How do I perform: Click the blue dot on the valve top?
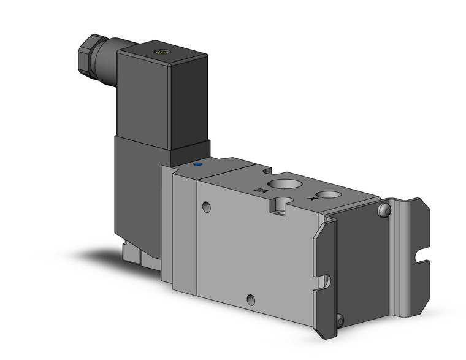click(x=197, y=165)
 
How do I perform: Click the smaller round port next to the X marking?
click(x=330, y=195)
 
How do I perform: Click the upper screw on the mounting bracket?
click(x=384, y=211)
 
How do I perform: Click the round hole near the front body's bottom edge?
click(x=250, y=299)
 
